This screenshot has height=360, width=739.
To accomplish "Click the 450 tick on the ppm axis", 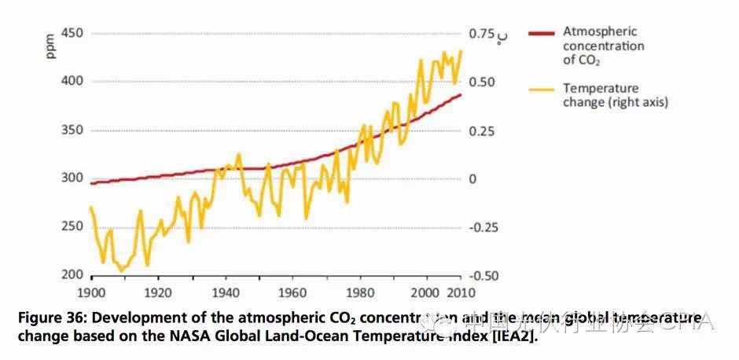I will pyautogui.click(x=72, y=35).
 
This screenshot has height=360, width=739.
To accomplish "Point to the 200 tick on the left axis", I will pyautogui.click(x=72, y=275).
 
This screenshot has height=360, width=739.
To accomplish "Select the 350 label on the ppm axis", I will pyautogui.click(x=72, y=130).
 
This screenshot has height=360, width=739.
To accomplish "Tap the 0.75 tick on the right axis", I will pyautogui.click(x=482, y=35).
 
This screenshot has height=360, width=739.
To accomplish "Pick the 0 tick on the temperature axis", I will pyautogui.click(x=473, y=179).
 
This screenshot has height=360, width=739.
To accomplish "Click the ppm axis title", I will pyautogui.click(x=51, y=46).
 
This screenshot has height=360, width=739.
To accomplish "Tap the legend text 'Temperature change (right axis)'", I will pyautogui.click(x=615, y=95).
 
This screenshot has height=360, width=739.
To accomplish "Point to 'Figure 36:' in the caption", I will pyautogui.click(x=49, y=318).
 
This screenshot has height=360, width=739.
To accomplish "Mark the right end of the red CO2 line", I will pyautogui.click(x=461, y=94).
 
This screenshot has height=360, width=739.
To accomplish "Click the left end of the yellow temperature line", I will pyautogui.click(x=90, y=208).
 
